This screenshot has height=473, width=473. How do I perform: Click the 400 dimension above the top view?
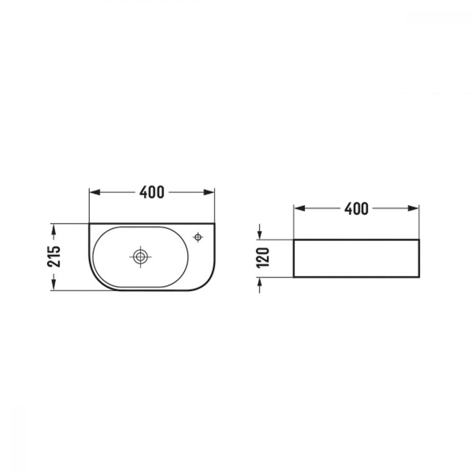point(152,192)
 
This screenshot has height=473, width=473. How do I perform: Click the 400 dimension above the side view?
point(356,209)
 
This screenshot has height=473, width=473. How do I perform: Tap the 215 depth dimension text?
point(54,256)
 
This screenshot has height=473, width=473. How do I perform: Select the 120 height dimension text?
point(263,258)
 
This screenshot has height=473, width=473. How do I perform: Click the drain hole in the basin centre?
point(140,257)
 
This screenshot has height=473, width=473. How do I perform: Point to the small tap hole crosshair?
point(198,237)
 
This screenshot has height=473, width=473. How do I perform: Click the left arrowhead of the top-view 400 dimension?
point(95,192)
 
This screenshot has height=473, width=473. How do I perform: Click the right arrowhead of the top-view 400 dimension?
point(209,192)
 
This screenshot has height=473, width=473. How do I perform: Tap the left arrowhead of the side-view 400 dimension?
point(299,209)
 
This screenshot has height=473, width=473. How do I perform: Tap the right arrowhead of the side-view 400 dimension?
point(413,209)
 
